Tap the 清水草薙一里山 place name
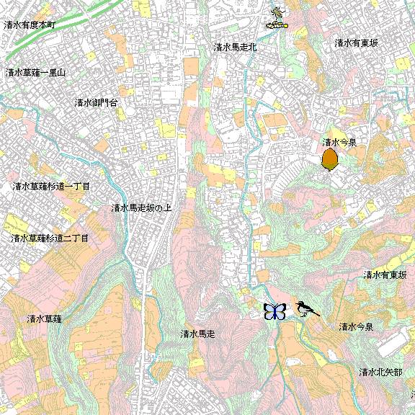[x=35, y=73]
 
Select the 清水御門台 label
[x=96, y=103]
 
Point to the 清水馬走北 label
[x=235, y=48]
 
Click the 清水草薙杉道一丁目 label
[x=51, y=187]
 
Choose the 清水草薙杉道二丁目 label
[x=50, y=238]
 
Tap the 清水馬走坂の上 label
[x=141, y=208]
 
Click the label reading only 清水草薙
[x=45, y=318]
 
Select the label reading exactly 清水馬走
[x=198, y=334]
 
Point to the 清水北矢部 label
[x=380, y=372]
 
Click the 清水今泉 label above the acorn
[x=340, y=143]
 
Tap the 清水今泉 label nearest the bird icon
[x=356, y=327]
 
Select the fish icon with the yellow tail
[x=277, y=26]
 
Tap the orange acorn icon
[x=330, y=159]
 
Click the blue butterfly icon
[x=275, y=311]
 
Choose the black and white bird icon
[x=305, y=310]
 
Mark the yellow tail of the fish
[x=285, y=26]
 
